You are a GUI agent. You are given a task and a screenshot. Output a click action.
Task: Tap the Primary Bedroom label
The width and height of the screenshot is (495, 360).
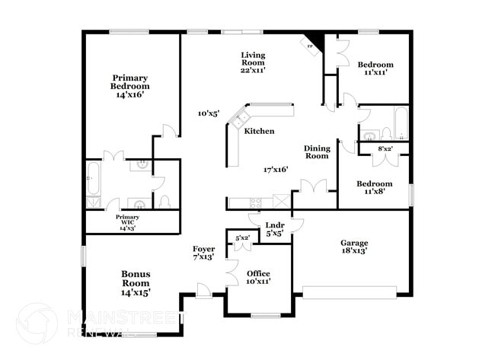pyautogui.click(x=129, y=86)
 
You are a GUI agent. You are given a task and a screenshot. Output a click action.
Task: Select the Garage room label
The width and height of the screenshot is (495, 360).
pyautogui.click(x=354, y=246)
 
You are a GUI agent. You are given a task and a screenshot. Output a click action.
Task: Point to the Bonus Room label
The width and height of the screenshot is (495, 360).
pyautogui.click(x=136, y=282)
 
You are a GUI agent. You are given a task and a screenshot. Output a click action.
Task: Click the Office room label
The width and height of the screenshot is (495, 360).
pyautogui.click(x=258, y=277)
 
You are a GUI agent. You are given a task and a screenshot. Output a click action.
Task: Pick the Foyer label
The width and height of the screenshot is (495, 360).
pyautogui.click(x=203, y=253)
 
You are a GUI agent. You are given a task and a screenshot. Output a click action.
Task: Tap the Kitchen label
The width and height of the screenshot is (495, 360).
pyautogui.click(x=259, y=131)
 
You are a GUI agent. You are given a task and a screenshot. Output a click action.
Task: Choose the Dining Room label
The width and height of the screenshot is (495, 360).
pyautogui.click(x=316, y=151)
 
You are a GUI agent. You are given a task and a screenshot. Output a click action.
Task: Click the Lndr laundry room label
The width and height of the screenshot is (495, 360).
pyautogui.click(x=274, y=229)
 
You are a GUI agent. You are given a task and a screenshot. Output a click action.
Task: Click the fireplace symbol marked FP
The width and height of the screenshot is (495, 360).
pyautogui.click(x=311, y=45)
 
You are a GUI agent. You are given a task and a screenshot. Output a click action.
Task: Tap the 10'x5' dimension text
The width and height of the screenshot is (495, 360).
pyautogui.click(x=209, y=113)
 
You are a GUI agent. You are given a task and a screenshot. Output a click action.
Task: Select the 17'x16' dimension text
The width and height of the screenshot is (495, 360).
pyautogui.click(x=276, y=170)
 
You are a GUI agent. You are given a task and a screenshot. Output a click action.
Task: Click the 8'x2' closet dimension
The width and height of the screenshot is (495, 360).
pyautogui.click(x=385, y=148)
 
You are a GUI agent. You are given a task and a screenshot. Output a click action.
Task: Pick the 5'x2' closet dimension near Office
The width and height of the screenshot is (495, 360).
pyautogui.click(x=243, y=238)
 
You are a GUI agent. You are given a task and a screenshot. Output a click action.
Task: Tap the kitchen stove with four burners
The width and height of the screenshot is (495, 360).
pyautogui.click(x=256, y=202)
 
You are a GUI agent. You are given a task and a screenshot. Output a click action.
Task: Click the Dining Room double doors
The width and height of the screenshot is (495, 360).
pyautogui.click(x=313, y=186)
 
